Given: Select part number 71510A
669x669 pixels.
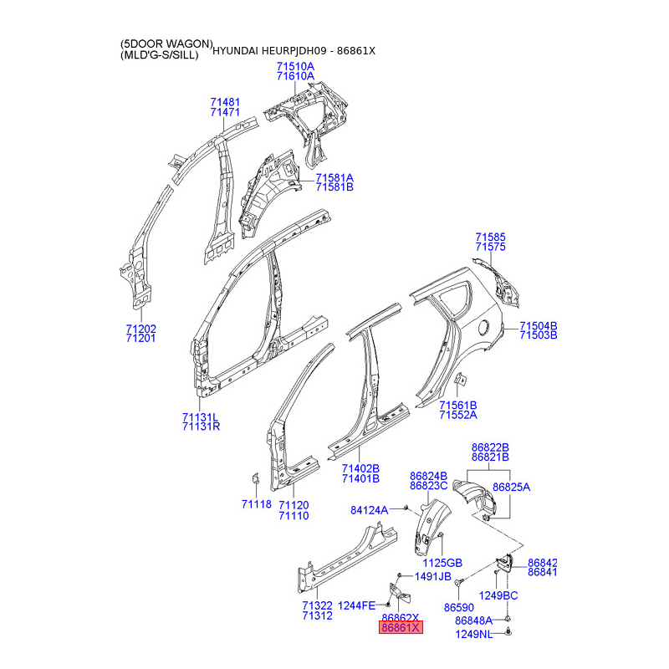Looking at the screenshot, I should click(295, 66).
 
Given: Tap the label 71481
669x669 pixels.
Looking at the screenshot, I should click(225, 102).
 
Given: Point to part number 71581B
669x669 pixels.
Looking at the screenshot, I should click(334, 188).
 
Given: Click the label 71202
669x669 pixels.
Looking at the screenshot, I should click(140, 329).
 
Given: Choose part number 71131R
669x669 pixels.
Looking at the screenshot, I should click(201, 426).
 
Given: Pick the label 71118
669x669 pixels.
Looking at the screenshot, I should click(257, 504).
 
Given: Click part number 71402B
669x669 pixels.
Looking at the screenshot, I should click(360, 468).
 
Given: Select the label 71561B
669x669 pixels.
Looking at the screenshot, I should click(458, 405).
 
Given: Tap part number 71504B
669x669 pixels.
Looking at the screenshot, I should click(538, 325).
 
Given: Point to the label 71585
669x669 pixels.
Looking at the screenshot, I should click(491, 237).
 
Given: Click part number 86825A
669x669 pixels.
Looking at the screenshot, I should click(511, 487).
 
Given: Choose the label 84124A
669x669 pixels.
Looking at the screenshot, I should click(370, 509).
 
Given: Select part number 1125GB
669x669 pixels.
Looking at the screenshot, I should click(443, 563).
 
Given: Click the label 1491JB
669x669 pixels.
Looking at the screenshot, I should click(432, 577).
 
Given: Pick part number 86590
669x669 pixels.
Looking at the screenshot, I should click(459, 607).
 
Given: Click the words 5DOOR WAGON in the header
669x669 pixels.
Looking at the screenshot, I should click(167, 43).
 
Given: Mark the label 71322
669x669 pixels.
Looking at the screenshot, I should click(318, 605).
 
